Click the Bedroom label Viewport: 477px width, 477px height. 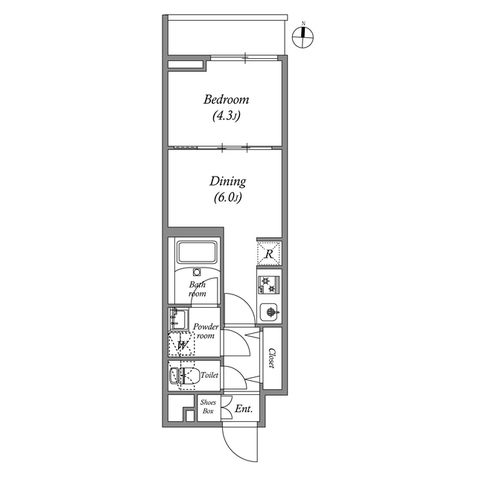pos(226,100)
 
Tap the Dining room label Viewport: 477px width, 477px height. pos(227,181)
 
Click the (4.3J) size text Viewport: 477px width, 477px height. pos(227,116)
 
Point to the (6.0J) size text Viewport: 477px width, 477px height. pos(227,198)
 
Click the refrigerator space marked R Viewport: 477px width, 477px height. pos(269,254)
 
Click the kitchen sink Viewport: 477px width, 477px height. pos(270,312)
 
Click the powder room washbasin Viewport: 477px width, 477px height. pos(178,320)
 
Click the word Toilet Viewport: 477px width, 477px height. pos(209,376)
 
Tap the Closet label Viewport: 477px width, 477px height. pos(273,358)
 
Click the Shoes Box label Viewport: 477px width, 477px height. pos(208,407)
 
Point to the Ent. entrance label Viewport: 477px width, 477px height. pos(243,409)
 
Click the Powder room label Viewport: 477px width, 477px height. pos(205,332)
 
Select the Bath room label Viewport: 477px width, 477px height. pos(198,288)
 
